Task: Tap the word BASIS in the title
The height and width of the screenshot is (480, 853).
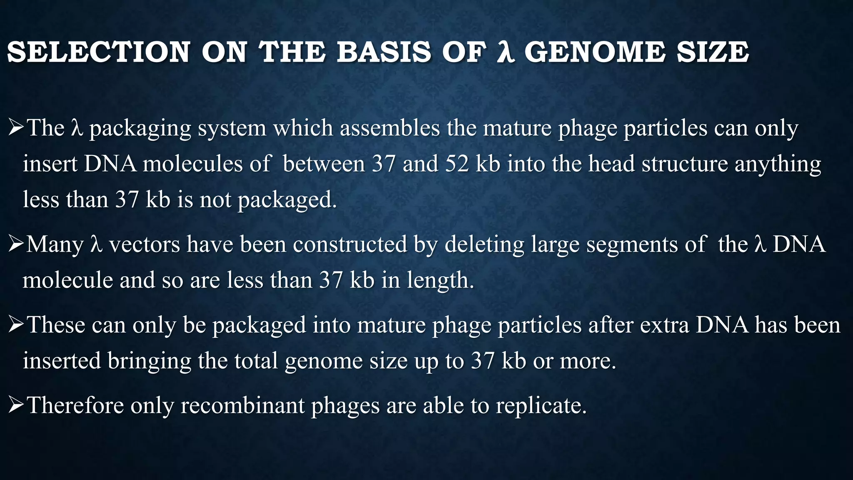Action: coord(384,52)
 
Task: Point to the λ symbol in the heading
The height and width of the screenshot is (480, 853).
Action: coord(506,53)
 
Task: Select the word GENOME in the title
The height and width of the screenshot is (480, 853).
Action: coord(595,52)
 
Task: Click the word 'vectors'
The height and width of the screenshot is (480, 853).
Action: coord(144,245)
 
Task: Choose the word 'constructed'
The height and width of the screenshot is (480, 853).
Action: coord(350,245)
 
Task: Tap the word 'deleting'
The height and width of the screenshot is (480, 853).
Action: coord(484,245)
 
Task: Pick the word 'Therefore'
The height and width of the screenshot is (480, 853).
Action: coord(75,405)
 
